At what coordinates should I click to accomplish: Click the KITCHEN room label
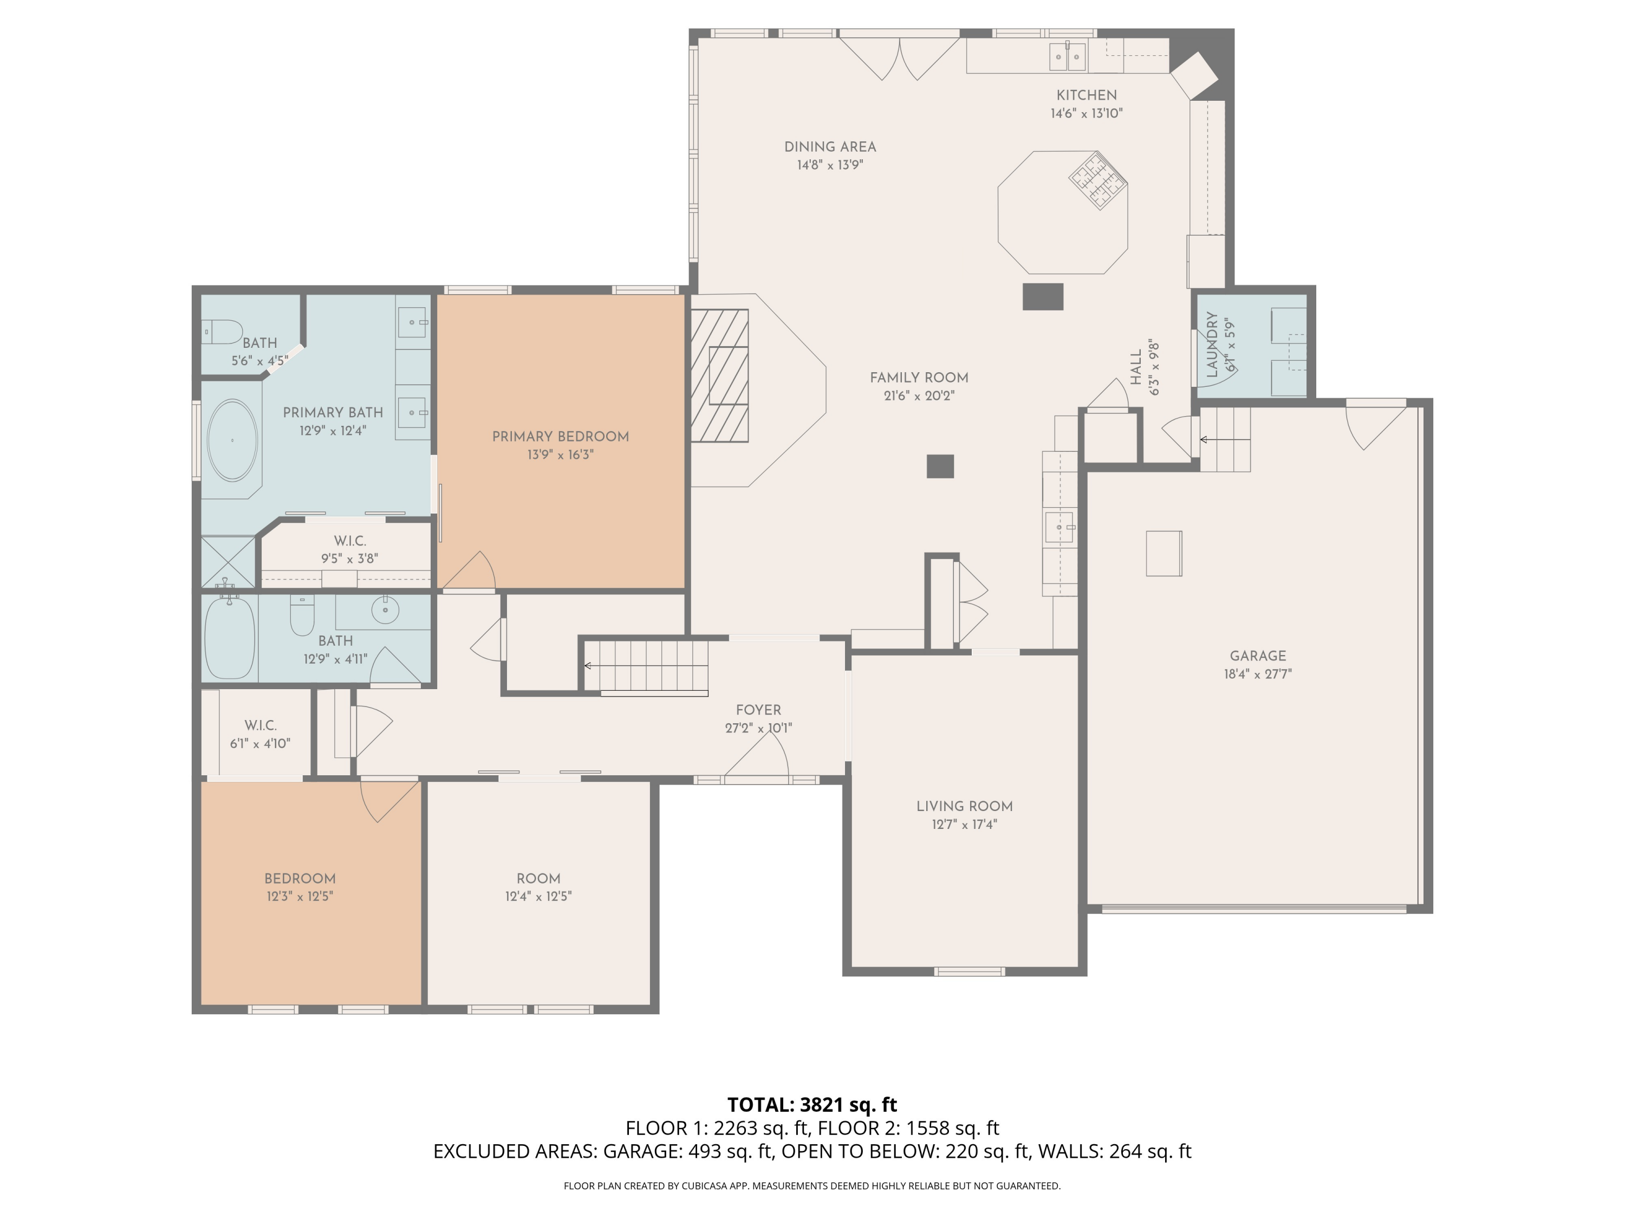coord(1086,95)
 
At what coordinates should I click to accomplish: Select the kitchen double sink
coord(1067,56)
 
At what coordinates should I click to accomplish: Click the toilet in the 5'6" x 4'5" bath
coord(223,332)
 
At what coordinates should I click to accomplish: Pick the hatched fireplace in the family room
coord(719,375)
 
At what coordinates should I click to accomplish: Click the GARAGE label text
coord(1257,656)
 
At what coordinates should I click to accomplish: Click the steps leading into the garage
coord(1225,439)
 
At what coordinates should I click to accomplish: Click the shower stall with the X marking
coord(227,561)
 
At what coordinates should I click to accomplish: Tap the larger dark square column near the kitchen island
coord(1043,296)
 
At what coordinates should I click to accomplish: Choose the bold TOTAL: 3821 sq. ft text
coord(812,1104)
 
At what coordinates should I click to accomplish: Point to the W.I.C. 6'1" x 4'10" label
coord(260,725)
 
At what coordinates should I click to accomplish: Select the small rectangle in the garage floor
coord(1163,553)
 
